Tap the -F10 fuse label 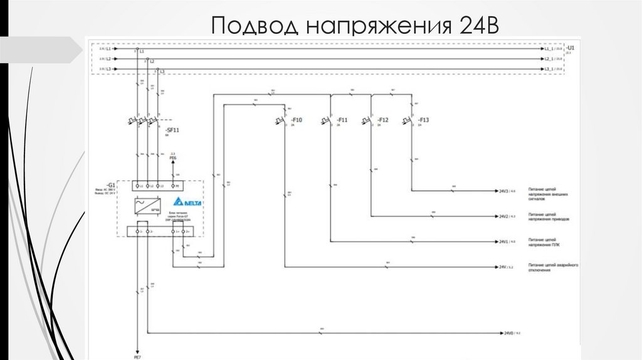(x=297, y=120)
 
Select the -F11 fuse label (x=342, y=120)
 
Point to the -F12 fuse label (x=383, y=120)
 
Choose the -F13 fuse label (x=423, y=120)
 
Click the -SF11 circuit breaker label (x=171, y=129)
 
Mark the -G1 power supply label (x=110, y=186)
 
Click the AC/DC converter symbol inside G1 (x=148, y=205)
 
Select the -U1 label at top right (x=570, y=48)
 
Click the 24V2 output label (x=503, y=216)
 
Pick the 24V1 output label (x=503, y=241)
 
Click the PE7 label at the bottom (x=138, y=356)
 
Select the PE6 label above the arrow (x=174, y=158)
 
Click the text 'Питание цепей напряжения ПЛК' (x=542, y=241)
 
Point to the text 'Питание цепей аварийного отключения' (x=552, y=268)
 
